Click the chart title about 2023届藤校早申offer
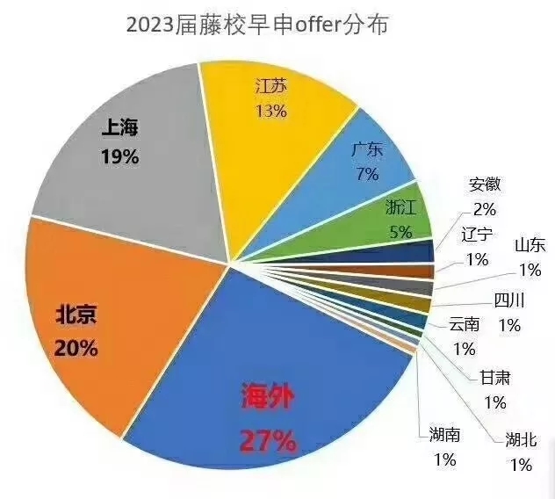coord(257,25)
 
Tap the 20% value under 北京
coord(76,348)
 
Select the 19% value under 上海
coord(119,158)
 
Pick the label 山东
coord(530,245)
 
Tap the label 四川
coord(509,301)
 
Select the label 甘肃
coord(494,379)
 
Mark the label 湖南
coord(445,434)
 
